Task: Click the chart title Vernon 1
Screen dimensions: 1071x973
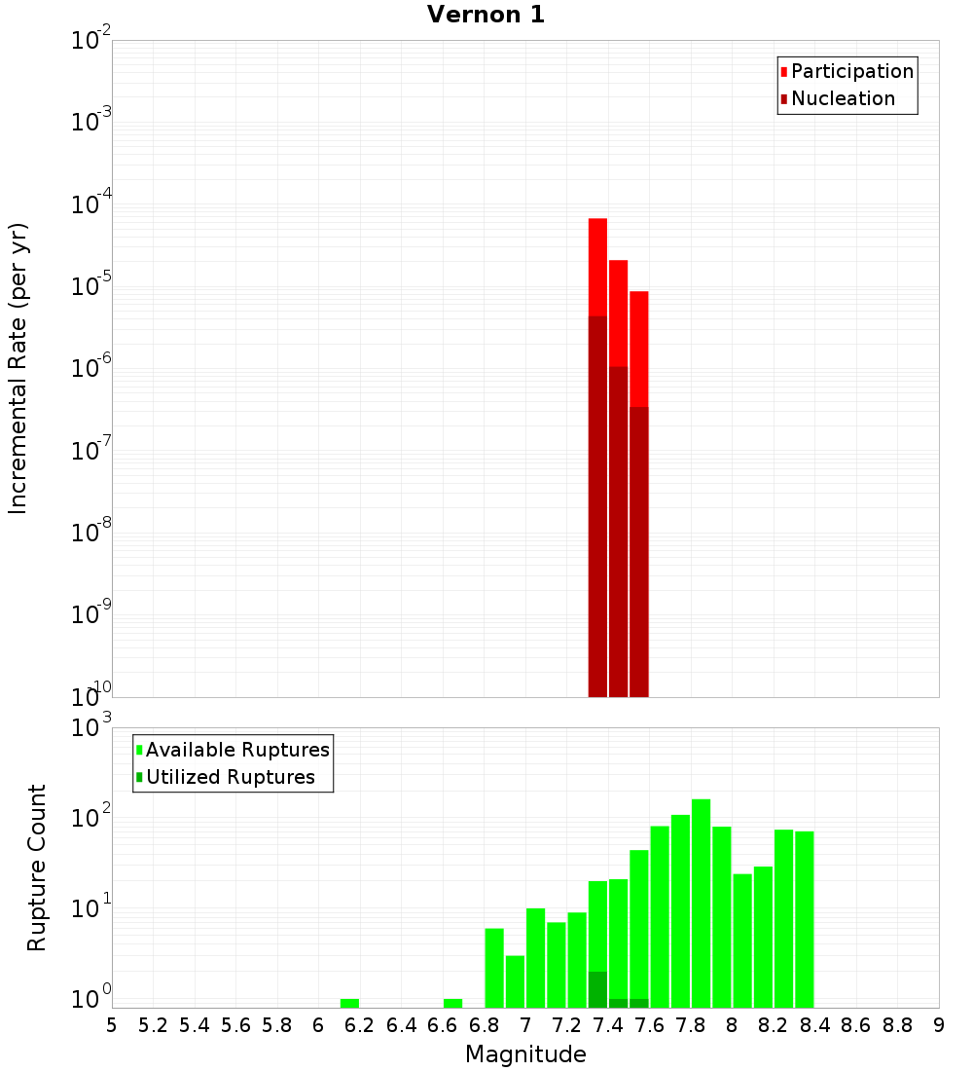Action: click(486, 15)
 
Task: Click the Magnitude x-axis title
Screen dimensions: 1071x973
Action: click(525, 1054)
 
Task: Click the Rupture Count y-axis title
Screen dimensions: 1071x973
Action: click(37, 868)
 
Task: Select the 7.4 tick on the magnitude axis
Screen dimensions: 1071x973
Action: click(608, 1025)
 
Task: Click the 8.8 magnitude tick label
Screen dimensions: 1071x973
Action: click(897, 1025)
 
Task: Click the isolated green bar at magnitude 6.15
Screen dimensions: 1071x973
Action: click(349, 1003)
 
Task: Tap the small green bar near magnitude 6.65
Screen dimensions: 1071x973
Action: click(452, 1003)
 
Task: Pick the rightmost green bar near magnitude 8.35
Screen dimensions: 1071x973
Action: click(804, 915)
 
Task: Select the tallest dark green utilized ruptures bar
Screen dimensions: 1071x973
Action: click(597, 988)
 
